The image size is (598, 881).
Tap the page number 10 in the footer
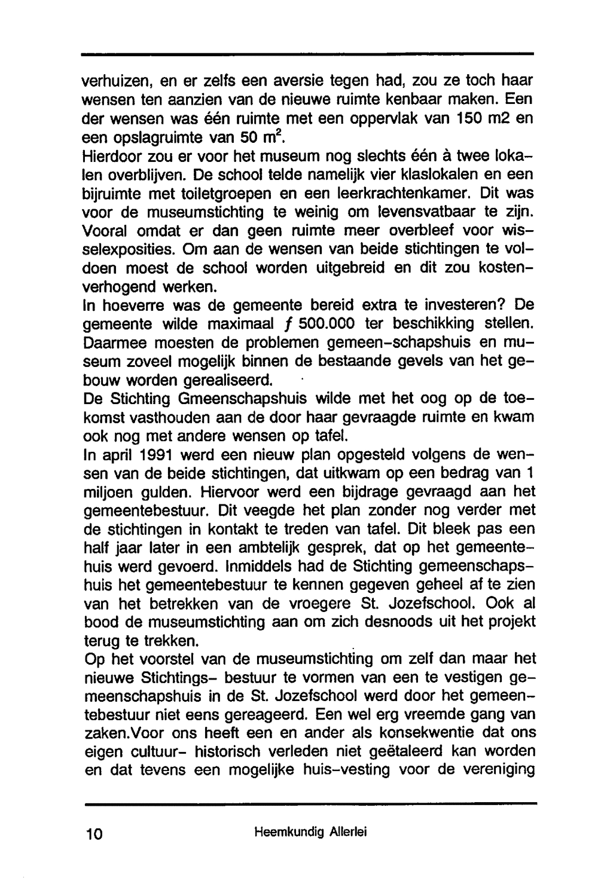click(x=94, y=833)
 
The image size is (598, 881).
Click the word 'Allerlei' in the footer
click(x=347, y=831)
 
